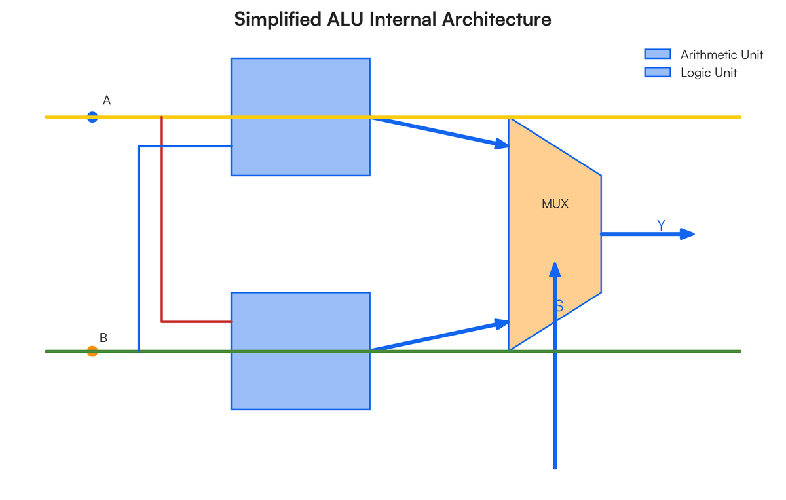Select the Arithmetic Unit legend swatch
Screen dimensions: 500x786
coord(658,54)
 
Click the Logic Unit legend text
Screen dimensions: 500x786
coord(708,73)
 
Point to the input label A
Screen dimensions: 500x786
coord(107,100)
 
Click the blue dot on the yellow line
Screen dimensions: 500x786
coord(92,117)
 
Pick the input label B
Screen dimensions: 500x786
coord(103,338)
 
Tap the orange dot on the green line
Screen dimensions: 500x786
coord(92,351)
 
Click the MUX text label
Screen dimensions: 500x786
coord(555,204)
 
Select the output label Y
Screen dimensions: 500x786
coord(661,225)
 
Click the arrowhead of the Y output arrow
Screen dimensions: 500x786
coord(688,234)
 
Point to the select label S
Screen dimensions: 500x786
coord(559,306)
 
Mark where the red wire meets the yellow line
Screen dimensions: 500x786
coord(162,117)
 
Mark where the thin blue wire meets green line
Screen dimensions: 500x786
coord(139,351)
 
